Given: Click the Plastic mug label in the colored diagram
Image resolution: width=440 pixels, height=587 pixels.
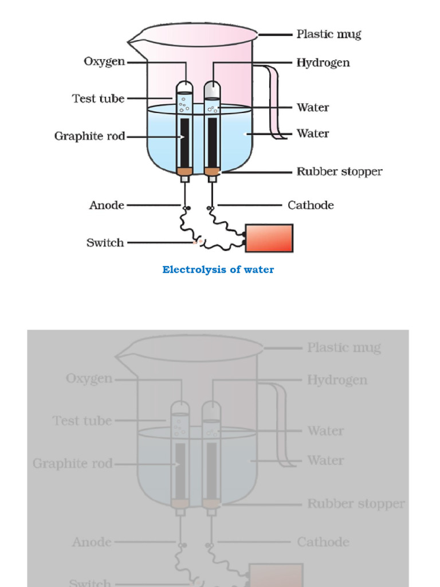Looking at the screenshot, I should [x=328, y=35].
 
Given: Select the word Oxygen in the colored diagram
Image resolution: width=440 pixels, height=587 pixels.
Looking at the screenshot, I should [x=104, y=61].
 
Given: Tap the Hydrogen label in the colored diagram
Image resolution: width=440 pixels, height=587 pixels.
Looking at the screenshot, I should [x=323, y=62].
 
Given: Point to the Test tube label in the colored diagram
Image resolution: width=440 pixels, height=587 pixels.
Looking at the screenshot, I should [x=98, y=99].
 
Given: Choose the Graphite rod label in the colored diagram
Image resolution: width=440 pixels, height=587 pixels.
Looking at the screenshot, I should [x=89, y=136].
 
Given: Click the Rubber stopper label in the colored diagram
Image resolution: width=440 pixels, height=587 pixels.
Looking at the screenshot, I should [x=339, y=171].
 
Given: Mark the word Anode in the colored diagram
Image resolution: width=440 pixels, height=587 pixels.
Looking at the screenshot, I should [x=107, y=205].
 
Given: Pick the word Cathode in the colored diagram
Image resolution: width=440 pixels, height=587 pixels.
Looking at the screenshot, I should [x=311, y=205].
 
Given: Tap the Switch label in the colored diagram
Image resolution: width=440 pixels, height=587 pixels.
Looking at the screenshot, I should [x=105, y=242].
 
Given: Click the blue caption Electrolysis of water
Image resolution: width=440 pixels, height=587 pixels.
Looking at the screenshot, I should [x=218, y=269].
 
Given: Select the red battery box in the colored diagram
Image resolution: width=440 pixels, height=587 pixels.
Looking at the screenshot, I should [x=269, y=238].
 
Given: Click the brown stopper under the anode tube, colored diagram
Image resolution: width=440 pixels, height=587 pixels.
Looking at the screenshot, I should [x=184, y=171].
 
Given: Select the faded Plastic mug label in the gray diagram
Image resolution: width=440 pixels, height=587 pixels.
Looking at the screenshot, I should [x=344, y=348].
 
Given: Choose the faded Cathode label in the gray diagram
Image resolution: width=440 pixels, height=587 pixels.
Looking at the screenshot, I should [x=323, y=542].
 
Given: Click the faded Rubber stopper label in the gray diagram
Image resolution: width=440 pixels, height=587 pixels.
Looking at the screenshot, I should [x=356, y=504].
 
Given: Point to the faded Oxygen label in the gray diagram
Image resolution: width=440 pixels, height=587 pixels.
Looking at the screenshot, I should [x=89, y=379].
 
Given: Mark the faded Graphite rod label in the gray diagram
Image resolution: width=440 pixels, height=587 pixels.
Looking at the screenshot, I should [x=72, y=464].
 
